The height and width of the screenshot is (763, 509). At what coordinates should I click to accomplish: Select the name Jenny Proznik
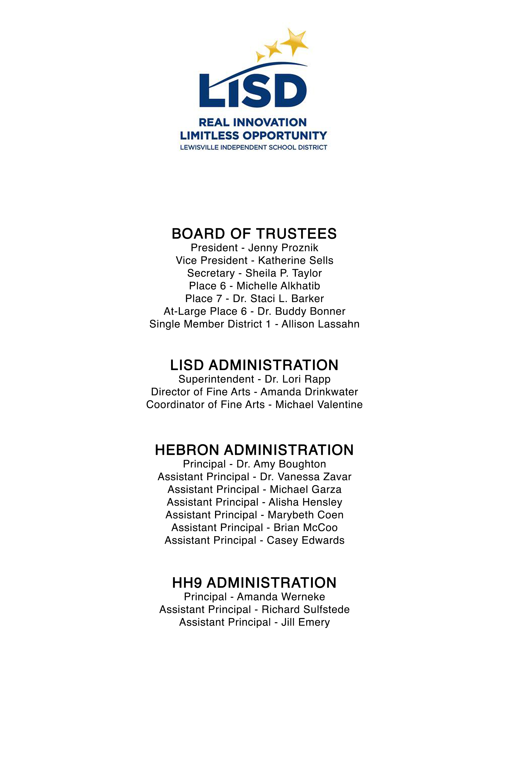click(x=283, y=248)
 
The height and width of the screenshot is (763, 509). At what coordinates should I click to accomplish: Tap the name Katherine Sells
click(x=295, y=260)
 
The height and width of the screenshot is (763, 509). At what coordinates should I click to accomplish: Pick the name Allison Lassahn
click(x=320, y=324)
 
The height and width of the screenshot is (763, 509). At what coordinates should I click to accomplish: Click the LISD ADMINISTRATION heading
click(x=254, y=365)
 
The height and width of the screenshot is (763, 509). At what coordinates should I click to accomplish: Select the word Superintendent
click(x=216, y=379)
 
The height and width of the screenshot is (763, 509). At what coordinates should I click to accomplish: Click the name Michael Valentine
click(x=319, y=405)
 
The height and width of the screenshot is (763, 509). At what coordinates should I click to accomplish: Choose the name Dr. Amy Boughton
click(x=281, y=464)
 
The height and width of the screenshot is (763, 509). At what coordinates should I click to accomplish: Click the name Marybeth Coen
click(x=305, y=515)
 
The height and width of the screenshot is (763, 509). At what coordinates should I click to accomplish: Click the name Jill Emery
click(x=305, y=622)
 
